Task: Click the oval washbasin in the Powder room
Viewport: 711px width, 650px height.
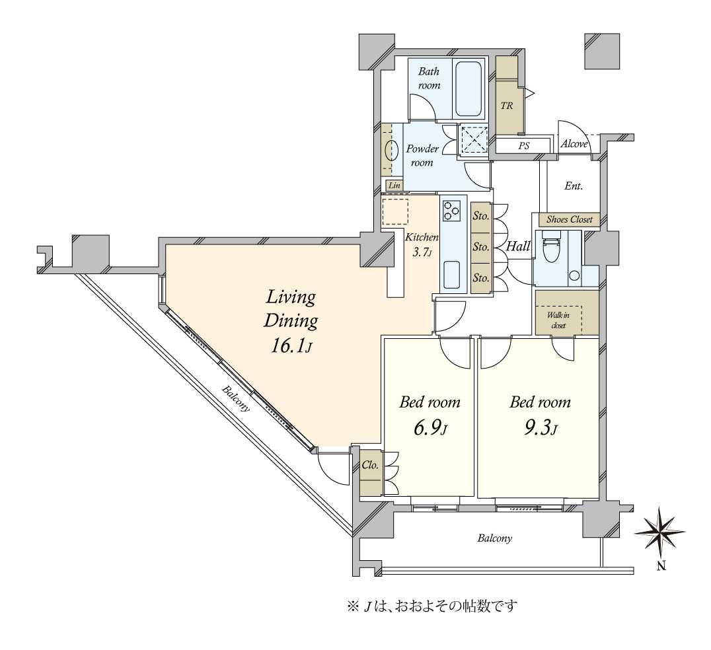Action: pyautogui.click(x=391, y=153)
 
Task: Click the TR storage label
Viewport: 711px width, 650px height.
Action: pyautogui.click(x=507, y=106)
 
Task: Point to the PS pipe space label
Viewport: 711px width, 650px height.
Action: pyautogui.click(x=524, y=146)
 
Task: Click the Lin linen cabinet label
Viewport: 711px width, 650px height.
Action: pyautogui.click(x=394, y=186)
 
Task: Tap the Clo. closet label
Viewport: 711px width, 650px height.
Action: pyautogui.click(x=370, y=465)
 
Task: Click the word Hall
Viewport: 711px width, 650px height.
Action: pyautogui.click(x=519, y=246)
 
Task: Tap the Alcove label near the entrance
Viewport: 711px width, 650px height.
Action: pyautogui.click(x=574, y=144)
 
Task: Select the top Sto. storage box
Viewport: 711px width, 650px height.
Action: pyautogui.click(x=480, y=215)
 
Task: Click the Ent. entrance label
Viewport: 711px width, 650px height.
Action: pyautogui.click(x=573, y=186)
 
